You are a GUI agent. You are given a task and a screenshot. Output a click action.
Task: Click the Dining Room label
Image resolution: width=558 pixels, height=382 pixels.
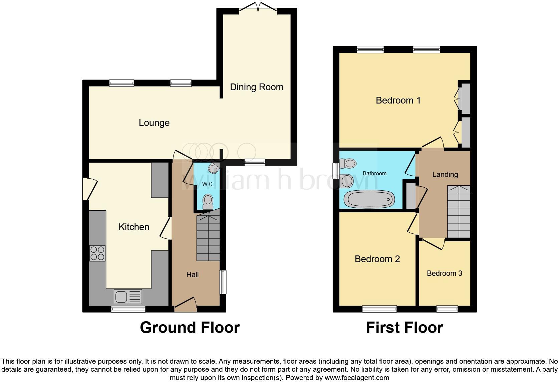point(256,87)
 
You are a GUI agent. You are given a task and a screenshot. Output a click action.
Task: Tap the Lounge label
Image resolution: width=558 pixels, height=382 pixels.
point(154,123)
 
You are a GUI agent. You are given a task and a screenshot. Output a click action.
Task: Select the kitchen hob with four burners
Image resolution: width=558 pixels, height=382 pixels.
point(97,253)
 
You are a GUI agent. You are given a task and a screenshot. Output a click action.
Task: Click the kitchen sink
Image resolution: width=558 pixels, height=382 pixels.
point(128,296)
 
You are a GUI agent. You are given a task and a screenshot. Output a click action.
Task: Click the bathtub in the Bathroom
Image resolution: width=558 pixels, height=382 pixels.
point(369,199)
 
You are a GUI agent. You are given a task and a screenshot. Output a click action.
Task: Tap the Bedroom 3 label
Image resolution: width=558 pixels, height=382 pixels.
point(444,273)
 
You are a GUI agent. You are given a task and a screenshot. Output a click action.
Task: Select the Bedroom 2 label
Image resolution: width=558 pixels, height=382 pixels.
point(377,259)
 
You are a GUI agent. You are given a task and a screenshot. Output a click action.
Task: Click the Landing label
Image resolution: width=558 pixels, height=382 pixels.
point(445,174)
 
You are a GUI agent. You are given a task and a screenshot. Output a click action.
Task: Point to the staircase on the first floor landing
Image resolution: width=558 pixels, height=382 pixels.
point(459,212)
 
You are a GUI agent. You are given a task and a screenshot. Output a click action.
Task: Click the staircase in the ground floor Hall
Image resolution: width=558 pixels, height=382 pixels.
point(208,238)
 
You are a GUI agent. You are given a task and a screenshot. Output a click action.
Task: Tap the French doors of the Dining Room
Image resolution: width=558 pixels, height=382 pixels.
point(258,7)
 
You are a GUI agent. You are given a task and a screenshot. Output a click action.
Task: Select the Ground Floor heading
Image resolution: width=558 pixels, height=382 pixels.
point(190,328)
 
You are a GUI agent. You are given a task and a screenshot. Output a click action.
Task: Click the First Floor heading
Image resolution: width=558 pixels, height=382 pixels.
point(404,328)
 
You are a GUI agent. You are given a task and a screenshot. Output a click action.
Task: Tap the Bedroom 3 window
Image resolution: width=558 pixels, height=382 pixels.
point(447,309)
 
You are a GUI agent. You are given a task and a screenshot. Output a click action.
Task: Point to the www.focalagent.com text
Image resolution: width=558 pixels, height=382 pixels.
point(356,378)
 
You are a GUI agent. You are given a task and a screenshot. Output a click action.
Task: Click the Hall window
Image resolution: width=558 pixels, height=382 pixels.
point(223,282)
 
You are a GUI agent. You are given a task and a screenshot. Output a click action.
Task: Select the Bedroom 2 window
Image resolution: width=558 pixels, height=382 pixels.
point(379,309)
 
